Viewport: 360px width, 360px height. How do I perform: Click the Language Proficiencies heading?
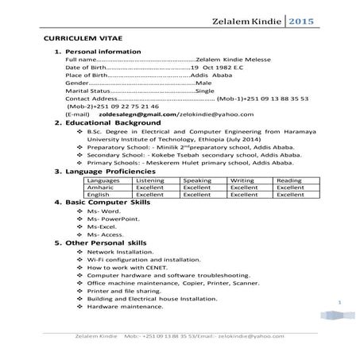106,171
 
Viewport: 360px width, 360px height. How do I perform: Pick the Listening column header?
151,180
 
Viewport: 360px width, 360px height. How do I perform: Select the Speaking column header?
197,180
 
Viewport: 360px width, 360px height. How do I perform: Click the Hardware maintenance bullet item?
121,306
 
